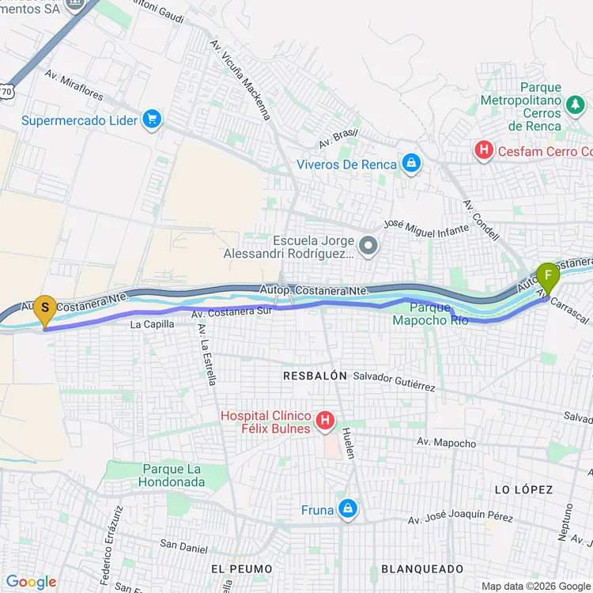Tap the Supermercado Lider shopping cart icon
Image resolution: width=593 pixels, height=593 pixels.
(x=153, y=120)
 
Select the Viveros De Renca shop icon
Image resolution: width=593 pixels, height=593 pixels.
(x=410, y=164)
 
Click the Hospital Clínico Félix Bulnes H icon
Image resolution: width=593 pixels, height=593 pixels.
(x=324, y=422)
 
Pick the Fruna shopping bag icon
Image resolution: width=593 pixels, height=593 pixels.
(x=347, y=510)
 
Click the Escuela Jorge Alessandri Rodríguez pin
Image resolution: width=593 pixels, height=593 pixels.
(x=368, y=247)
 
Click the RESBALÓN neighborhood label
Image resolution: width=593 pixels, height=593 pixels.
(x=315, y=376)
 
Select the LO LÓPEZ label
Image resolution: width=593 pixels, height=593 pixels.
(x=523, y=489)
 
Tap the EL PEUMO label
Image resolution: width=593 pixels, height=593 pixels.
(x=242, y=568)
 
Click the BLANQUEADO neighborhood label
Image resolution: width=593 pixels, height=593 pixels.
(x=422, y=568)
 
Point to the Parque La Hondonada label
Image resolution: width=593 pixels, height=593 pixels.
(x=172, y=475)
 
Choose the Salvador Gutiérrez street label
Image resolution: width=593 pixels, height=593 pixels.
(x=394, y=382)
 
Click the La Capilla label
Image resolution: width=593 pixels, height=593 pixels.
(x=152, y=324)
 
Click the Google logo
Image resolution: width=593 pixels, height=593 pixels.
(x=32, y=582)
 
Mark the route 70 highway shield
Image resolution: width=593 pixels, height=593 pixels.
(x=7, y=92)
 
